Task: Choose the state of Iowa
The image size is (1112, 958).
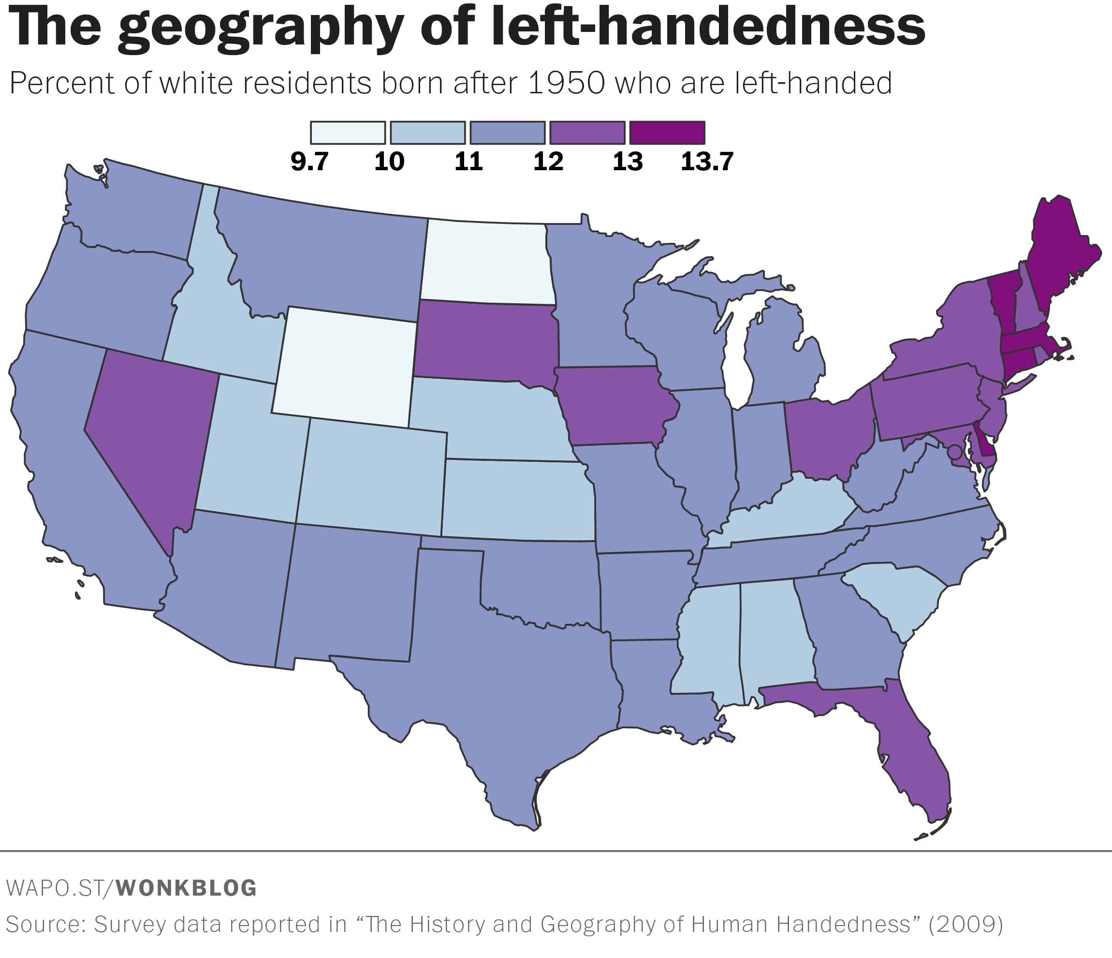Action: click(612, 405)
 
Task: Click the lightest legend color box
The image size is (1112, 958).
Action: click(348, 133)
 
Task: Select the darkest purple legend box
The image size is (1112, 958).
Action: click(667, 133)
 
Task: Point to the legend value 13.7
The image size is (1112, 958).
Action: click(706, 162)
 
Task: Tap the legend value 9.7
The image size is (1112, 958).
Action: click(309, 162)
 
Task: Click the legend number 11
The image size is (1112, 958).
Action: click(468, 162)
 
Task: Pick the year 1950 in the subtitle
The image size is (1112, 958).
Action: click(567, 83)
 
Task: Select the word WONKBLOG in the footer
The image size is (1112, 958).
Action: click(186, 888)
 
